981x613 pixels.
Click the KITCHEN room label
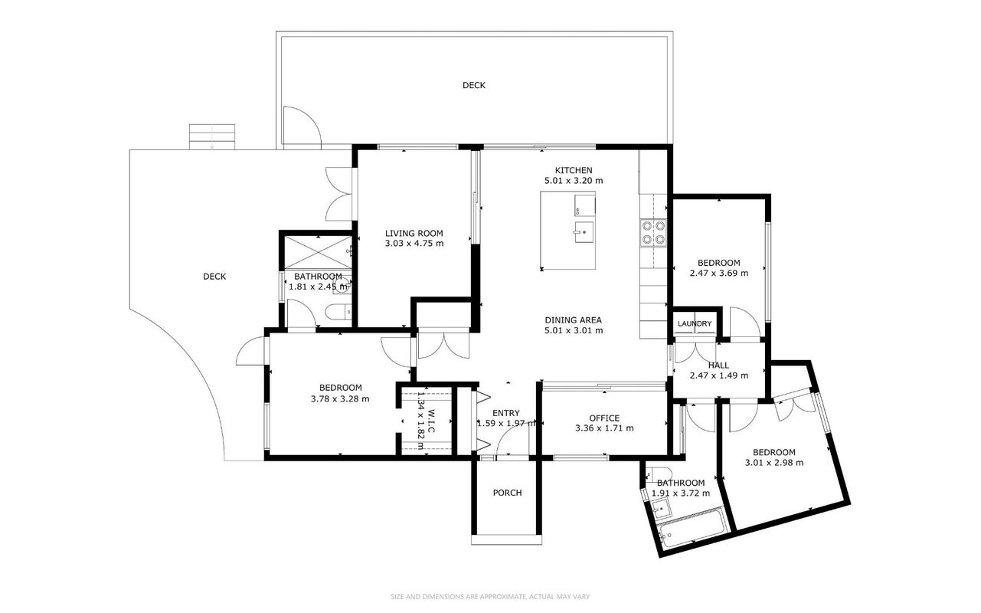point(574,170)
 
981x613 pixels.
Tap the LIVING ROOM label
point(414,233)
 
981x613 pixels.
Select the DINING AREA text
point(574,320)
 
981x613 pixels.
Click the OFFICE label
point(604,418)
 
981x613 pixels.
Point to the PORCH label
point(507,493)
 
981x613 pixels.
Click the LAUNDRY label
point(695,323)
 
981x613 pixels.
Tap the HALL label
point(718,365)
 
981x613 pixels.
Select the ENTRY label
point(506,413)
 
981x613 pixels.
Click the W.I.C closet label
point(431,421)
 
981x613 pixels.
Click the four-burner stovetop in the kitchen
point(653,233)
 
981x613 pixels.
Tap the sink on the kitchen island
point(584,232)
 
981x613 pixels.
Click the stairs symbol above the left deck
point(212,136)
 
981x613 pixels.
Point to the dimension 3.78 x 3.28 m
point(340,398)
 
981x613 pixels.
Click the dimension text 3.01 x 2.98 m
point(774,462)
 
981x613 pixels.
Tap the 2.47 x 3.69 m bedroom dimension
point(719,273)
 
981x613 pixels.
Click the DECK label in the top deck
point(474,85)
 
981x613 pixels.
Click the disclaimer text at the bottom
point(490,596)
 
